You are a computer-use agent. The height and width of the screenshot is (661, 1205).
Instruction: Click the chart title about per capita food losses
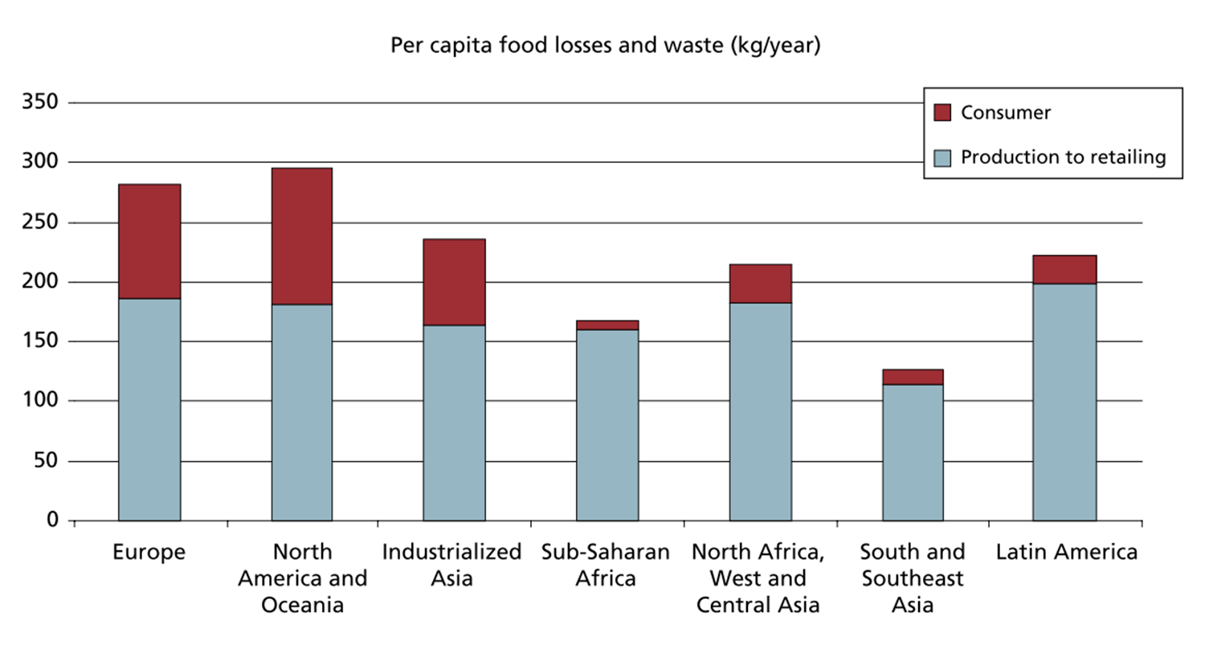(x=605, y=45)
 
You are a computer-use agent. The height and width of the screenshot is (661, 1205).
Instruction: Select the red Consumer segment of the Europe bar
(x=149, y=242)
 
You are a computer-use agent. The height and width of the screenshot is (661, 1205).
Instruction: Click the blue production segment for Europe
(x=149, y=410)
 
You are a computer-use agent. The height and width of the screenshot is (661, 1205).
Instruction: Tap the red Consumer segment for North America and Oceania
(x=301, y=236)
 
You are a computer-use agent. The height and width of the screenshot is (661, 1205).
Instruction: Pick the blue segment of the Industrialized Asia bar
(x=454, y=422)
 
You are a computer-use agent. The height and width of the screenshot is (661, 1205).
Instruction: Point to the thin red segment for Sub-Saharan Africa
(x=607, y=325)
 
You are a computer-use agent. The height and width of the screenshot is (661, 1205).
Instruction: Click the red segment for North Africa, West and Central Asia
(x=760, y=284)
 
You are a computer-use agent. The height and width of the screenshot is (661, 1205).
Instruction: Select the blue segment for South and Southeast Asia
(x=913, y=452)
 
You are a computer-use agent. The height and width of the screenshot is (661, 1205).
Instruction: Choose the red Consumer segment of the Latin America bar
(x=1064, y=270)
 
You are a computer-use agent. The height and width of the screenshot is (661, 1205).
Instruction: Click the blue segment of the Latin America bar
(x=1064, y=402)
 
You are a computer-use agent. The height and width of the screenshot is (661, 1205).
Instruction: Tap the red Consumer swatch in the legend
(x=942, y=112)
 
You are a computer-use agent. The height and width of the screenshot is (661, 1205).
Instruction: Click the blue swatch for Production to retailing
(x=942, y=157)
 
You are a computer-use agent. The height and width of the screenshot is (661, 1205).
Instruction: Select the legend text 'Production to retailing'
(x=1063, y=157)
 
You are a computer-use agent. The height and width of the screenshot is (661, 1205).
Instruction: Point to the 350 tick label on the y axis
(x=40, y=102)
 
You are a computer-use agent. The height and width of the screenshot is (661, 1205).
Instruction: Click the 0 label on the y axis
(x=52, y=520)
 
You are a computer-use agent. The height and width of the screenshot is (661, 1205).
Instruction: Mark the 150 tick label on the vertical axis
(x=40, y=341)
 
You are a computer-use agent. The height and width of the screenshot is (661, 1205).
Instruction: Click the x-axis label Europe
(x=149, y=553)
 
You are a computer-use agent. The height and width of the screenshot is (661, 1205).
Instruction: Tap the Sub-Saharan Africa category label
(x=605, y=565)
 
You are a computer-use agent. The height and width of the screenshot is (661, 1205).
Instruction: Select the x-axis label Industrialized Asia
(x=451, y=565)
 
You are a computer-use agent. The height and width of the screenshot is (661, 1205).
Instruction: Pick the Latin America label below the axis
(x=1066, y=553)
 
